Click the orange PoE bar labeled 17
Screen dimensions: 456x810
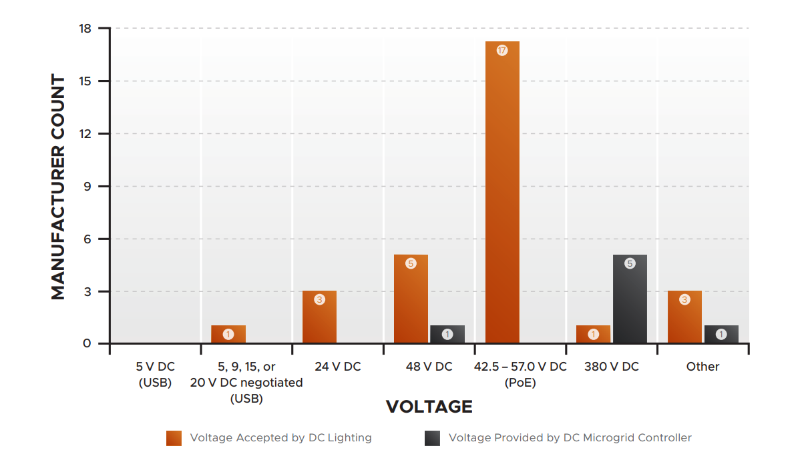tap(502, 193)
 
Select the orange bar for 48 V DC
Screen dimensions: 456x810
tap(411, 299)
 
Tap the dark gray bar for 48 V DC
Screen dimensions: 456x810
tap(447, 335)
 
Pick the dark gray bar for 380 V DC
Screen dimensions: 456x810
tap(630, 299)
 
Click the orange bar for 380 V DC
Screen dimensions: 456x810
tap(594, 335)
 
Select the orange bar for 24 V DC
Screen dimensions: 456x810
tap(319, 317)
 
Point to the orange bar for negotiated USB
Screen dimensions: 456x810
tap(228, 335)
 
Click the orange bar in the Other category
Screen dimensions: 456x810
tap(684, 317)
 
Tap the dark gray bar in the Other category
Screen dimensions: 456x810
tap(721, 335)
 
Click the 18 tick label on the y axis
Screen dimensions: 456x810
tap(85, 29)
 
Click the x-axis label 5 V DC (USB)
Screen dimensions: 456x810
tap(155, 375)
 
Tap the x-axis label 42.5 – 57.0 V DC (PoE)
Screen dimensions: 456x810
tap(520, 375)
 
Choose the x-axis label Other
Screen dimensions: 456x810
tap(702, 367)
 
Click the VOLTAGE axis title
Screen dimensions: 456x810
tap(429, 407)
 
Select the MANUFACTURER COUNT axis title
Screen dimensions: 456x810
tap(59, 187)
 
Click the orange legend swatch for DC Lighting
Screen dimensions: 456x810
tap(174, 438)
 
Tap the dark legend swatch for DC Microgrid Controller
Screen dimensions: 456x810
tap(432, 438)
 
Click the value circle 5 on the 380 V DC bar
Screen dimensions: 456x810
tap(630, 263)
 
